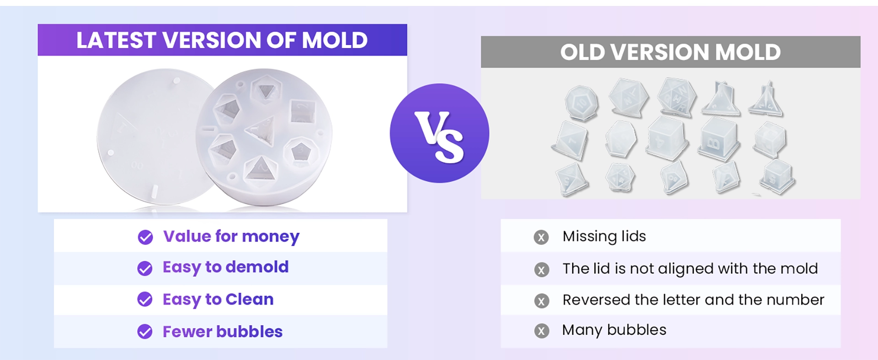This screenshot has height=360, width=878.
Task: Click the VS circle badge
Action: click(439, 133)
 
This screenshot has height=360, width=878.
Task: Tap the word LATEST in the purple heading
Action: click(116, 40)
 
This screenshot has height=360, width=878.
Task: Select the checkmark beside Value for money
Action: click(145, 237)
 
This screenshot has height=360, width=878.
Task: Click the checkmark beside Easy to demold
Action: click(145, 268)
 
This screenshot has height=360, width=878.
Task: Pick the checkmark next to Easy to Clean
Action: click(145, 299)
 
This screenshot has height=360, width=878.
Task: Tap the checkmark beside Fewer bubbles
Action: click(145, 331)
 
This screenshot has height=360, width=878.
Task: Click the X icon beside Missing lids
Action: click(541, 237)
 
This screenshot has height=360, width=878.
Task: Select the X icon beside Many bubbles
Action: click(541, 331)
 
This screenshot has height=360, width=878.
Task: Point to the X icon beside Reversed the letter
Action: click(541, 301)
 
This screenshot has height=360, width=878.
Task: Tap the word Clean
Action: click(249, 299)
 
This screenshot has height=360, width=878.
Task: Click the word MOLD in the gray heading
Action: click(748, 52)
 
